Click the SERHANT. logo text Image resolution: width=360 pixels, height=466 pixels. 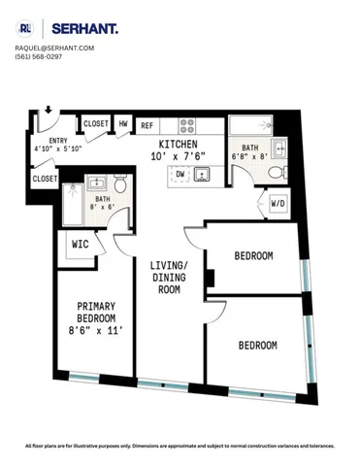84,29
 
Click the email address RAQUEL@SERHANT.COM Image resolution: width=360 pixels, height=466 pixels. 54,48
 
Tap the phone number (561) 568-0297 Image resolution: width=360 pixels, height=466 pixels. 39,56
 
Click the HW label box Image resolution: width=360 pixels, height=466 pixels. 124,124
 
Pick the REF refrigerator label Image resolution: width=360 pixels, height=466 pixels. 147,125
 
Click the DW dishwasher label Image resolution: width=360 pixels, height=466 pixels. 180,175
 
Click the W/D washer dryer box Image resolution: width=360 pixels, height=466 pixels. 277,204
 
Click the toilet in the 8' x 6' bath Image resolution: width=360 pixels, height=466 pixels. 119,186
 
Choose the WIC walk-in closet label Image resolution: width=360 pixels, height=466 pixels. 81,245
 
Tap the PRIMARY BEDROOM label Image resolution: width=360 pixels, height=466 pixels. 96,312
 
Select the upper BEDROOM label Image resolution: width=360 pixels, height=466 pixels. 254,256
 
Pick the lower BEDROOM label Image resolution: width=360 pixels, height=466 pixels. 258,345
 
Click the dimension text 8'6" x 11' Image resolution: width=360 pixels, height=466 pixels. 96,330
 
